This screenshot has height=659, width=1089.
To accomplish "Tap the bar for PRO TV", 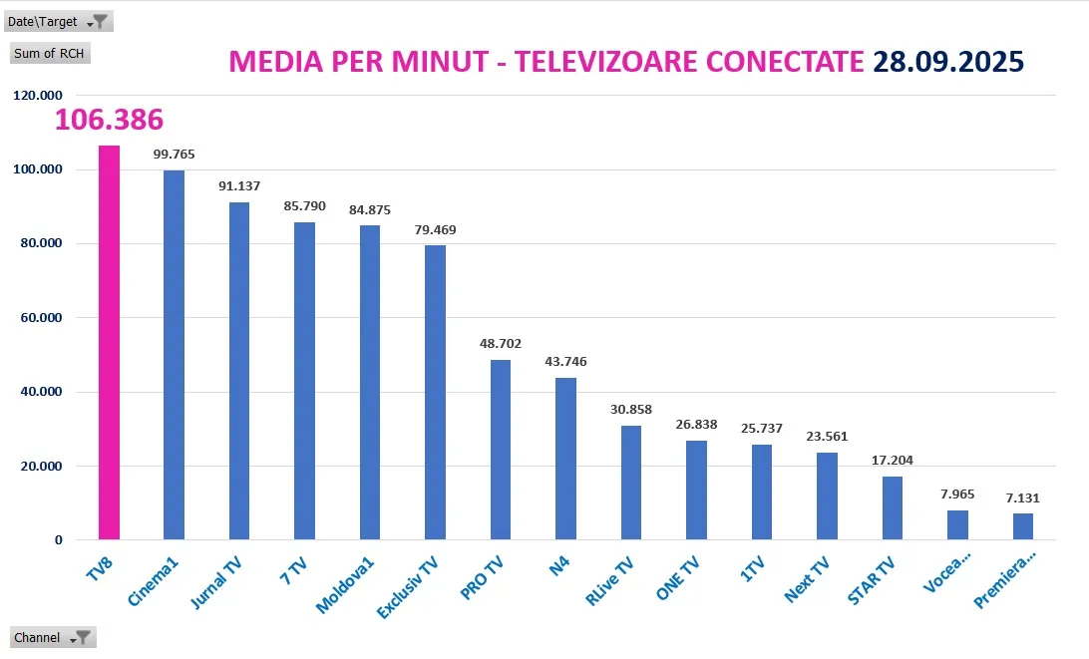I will [501, 450].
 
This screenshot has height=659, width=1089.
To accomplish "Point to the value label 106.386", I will [109, 121].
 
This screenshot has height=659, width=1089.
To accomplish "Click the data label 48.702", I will [501, 344].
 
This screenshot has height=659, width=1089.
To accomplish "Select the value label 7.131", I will [1023, 496].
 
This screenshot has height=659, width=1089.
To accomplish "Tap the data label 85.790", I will [304, 206].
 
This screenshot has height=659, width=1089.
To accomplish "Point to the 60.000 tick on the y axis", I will [41, 318].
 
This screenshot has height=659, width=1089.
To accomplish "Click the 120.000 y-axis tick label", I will [37, 96].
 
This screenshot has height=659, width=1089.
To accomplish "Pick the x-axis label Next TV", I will [807, 581].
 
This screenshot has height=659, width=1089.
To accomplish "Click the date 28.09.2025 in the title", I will [948, 62].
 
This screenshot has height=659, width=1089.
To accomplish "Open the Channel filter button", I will [84, 637].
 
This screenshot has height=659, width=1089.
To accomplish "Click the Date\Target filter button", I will [98, 22].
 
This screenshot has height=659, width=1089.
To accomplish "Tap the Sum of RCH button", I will [50, 53].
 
